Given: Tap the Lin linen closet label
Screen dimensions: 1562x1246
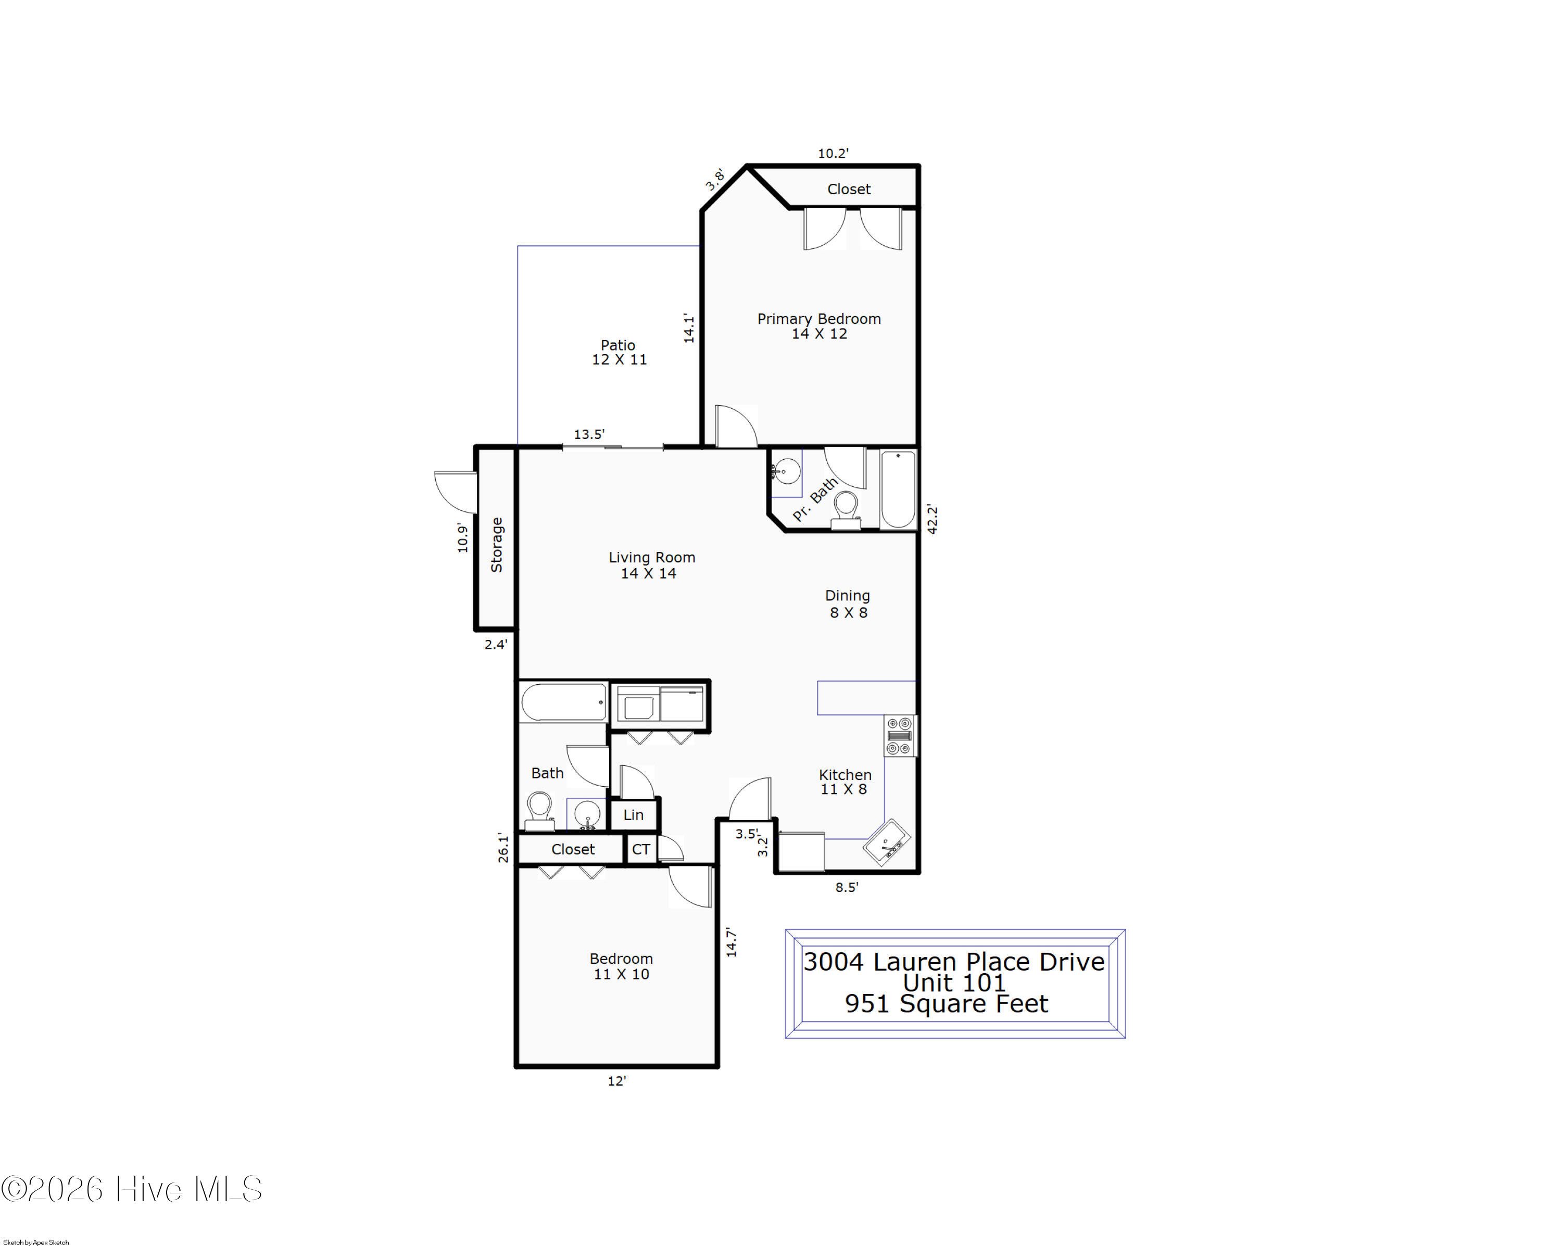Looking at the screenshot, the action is click(x=633, y=814).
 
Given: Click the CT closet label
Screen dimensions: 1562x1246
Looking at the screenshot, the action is click(x=640, y=849).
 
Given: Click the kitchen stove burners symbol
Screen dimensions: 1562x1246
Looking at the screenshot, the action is click(x=900, y=735).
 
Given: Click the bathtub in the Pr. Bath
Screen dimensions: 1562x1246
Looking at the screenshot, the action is click(x=898, y=489).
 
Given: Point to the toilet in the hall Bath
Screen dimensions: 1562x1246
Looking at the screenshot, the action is click(x=539, y=811).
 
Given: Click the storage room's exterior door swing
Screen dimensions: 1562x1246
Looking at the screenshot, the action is click(x=455, y=493).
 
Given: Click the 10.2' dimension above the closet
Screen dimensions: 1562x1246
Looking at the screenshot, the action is click(x=833, y=154).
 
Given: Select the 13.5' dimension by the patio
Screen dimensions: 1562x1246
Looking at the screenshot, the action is click(x=589, y=435).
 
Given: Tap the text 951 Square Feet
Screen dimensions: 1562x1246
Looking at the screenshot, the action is click(x=946, y=1004).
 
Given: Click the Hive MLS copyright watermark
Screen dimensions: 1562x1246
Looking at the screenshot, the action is click(x=132, y=1189).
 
